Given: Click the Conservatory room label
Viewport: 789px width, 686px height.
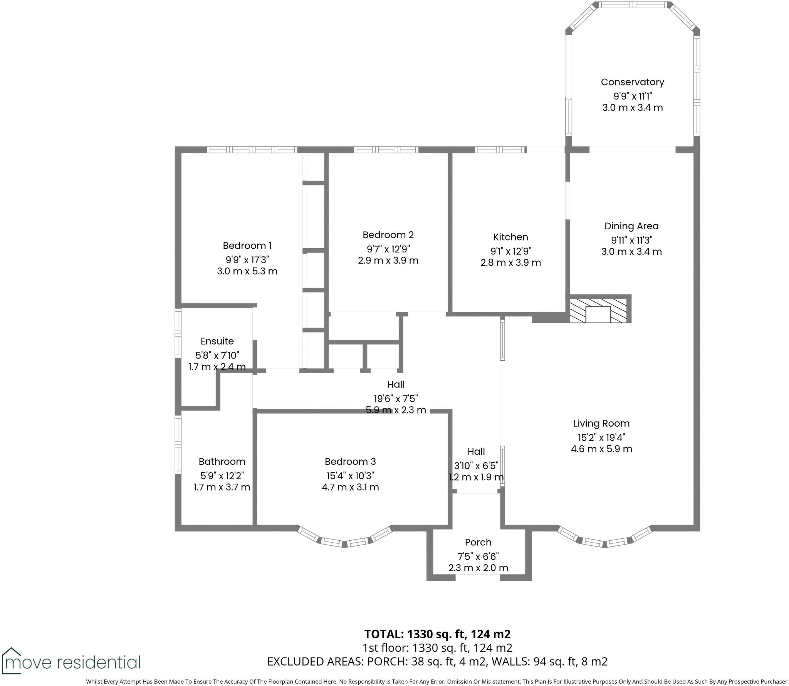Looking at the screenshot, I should point(632,82).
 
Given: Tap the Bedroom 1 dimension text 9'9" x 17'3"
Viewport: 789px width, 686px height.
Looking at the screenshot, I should point(247,259).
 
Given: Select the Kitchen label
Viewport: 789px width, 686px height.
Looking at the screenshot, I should point(510,237).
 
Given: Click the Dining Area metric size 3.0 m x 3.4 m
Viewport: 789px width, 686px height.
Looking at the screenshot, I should point(631,252).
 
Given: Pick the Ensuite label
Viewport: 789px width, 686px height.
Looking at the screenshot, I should point(217,341).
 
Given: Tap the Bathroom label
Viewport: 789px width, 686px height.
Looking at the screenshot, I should point(222,461).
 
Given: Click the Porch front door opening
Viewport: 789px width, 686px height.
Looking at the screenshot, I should point(477,578).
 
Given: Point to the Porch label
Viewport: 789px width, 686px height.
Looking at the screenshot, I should point(478,542).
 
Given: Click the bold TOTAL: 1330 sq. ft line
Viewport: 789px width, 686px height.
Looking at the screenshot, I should point(437,634).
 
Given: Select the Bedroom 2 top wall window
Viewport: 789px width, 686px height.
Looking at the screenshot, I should point(386,150).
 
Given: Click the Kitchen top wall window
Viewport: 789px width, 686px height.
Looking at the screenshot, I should point(500,150).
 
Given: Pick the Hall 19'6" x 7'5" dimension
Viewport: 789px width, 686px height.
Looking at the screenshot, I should point(396,398).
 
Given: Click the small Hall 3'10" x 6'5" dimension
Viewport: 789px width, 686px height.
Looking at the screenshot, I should point(476,466).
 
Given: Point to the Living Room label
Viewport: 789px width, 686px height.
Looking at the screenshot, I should point(601,423).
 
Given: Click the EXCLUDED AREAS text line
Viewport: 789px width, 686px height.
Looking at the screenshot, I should point(437,661).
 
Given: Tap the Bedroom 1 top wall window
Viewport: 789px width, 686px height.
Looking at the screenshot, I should point(252,150).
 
